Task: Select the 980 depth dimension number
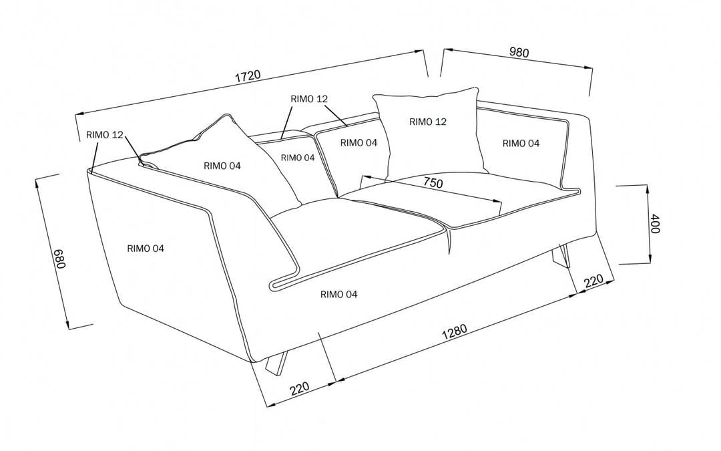coord(519,53)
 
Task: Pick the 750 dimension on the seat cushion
coord(433,182)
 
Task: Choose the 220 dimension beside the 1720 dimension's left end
coord(301,388)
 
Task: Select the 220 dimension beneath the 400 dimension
coord(594,281)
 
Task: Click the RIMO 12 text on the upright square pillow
coord(427,122)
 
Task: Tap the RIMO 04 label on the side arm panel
coord(146,249)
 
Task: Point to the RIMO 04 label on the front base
coord(338,294)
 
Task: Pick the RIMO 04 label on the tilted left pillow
coord(223,166)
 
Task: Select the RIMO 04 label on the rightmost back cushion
coord(521,143)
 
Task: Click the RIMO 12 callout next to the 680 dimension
coord(105,135)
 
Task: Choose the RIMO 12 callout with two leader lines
coord(309,99)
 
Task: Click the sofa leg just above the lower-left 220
coord(276,365)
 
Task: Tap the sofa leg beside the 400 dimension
coord(561,257)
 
